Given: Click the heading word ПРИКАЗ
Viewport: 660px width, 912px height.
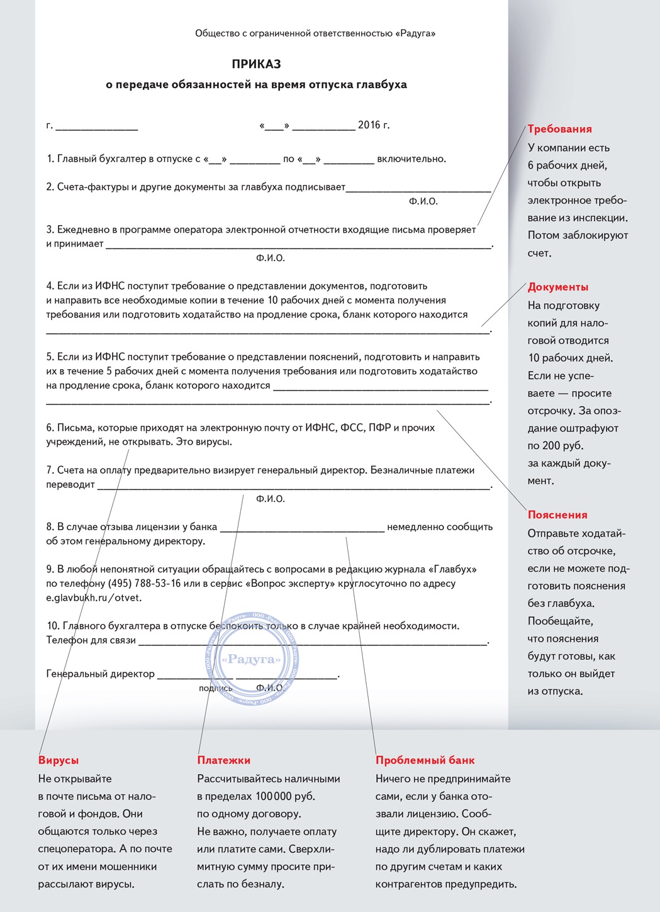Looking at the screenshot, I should (256, 64).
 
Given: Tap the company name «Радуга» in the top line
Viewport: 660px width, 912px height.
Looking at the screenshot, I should (415, 33).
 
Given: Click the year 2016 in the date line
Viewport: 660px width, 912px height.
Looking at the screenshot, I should (369, 125).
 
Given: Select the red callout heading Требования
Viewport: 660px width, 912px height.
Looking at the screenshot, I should (559, 129).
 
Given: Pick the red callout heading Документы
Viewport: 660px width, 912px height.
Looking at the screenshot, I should (558, 287).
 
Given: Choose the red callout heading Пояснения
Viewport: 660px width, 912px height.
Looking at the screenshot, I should (557, 514).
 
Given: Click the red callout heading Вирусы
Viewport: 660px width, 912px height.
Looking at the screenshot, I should (59, 760).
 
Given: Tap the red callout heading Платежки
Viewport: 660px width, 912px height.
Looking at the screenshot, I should (224, 760).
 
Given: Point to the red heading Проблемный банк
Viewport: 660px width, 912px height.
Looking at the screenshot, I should (425, 760).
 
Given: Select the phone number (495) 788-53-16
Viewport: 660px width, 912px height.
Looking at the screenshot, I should (144, 583).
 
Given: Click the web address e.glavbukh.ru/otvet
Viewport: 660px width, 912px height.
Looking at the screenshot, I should (94, 598).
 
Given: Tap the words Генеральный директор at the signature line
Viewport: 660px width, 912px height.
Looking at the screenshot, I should (101, 674).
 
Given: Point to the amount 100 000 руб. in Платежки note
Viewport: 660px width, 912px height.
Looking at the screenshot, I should (284, 796).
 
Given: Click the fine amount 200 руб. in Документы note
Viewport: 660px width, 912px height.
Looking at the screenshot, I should (563, 446).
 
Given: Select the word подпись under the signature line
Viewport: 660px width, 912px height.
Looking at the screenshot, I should (215, 688).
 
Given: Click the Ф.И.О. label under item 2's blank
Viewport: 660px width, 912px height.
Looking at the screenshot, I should (423, 201).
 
